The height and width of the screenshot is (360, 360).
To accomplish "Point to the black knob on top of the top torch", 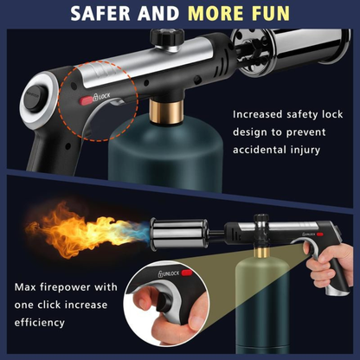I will (x=164, y=38).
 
